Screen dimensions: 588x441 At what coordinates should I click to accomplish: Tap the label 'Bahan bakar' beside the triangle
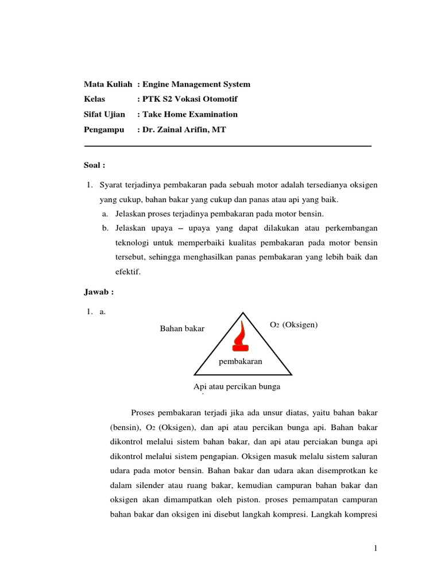coord(182,328)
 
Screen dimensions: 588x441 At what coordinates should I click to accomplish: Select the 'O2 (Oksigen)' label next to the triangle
coord(293,325)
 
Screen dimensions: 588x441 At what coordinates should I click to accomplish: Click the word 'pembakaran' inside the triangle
coord(241,361)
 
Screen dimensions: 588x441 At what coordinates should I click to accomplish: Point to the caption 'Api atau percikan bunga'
coord(237,386)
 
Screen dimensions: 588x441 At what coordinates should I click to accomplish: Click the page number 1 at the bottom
coord(375,549)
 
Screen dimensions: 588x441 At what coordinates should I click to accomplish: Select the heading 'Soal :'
coord(95,165)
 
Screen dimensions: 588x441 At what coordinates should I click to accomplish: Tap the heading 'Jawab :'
coord(99,292)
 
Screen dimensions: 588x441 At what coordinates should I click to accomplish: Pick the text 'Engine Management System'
coord(196,84)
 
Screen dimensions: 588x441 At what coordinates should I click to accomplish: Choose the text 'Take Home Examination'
coord(189,114)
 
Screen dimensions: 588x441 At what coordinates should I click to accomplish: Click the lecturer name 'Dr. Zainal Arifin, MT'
coord(184,130)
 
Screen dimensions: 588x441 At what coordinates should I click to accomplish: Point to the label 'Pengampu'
coord(104,130)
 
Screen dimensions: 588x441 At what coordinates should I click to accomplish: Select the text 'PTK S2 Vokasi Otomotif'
coord(188,99)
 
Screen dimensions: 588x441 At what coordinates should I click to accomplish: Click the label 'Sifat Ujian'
coord(105,114)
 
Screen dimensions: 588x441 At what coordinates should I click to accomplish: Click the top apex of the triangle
coord(243,313)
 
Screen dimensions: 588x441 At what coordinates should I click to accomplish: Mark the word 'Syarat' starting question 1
coord(111,185)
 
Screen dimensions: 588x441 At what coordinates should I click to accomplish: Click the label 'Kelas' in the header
coord(95,99)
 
